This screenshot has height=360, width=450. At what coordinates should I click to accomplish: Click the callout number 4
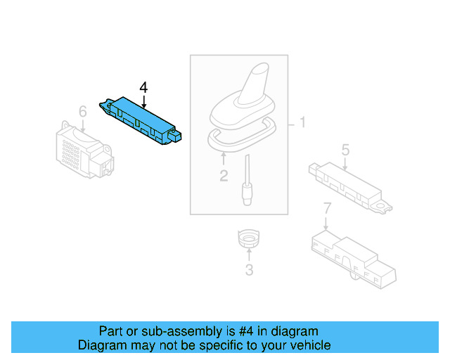(x=143, y=87)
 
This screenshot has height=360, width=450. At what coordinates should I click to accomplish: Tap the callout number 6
(x=82, y=112)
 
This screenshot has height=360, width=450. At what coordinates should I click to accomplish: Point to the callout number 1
(x=302, y=124)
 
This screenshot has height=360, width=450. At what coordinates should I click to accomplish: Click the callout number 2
(x=224, y=176)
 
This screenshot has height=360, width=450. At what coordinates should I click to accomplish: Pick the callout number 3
(x=248, y=269)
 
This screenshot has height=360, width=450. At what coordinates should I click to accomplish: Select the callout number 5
(x=345, y=149)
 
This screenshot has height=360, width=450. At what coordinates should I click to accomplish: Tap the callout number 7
(x=327, y=208)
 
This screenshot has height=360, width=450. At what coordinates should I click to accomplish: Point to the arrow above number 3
(x=248, y=255)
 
